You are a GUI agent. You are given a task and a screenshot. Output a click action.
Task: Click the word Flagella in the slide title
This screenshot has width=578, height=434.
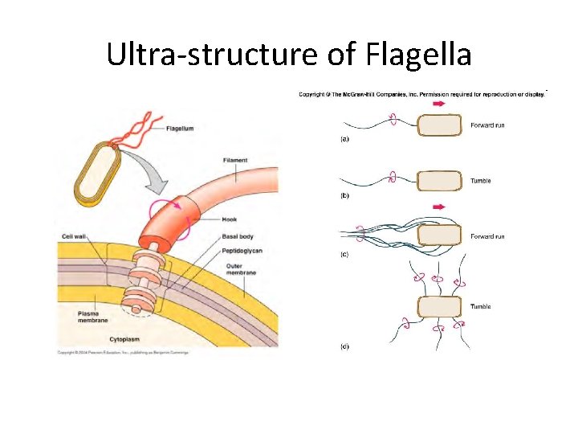[417, 55]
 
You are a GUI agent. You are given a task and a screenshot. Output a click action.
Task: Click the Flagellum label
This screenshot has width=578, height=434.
[180, 128]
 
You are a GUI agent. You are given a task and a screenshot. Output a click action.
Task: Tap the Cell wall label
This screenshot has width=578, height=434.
[77, 236]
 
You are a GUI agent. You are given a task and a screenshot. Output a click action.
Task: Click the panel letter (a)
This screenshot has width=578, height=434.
[341, 140]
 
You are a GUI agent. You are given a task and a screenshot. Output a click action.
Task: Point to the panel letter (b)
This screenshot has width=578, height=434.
[341, 195]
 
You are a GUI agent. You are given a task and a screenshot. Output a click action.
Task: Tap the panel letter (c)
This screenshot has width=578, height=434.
[341, 254]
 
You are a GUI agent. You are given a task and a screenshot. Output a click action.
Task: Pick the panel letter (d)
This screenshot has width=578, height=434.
[341, 346]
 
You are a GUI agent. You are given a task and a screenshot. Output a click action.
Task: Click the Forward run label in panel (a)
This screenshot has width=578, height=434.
[487, 125]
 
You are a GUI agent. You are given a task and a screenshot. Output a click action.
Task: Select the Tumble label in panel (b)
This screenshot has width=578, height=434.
[480, 181]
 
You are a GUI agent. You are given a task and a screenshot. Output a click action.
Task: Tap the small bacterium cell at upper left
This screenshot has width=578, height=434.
[96, 171]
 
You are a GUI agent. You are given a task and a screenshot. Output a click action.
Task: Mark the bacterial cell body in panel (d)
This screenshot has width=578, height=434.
[439, 307]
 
